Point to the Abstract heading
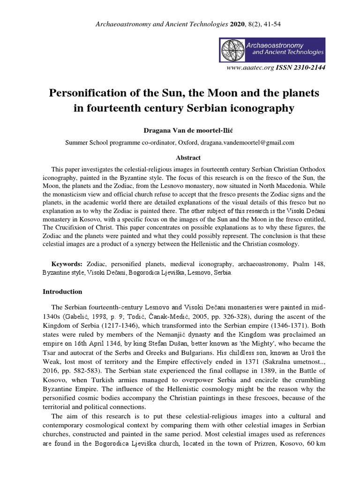point(180,158)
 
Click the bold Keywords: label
point(67,264)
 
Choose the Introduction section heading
point(62,292)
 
